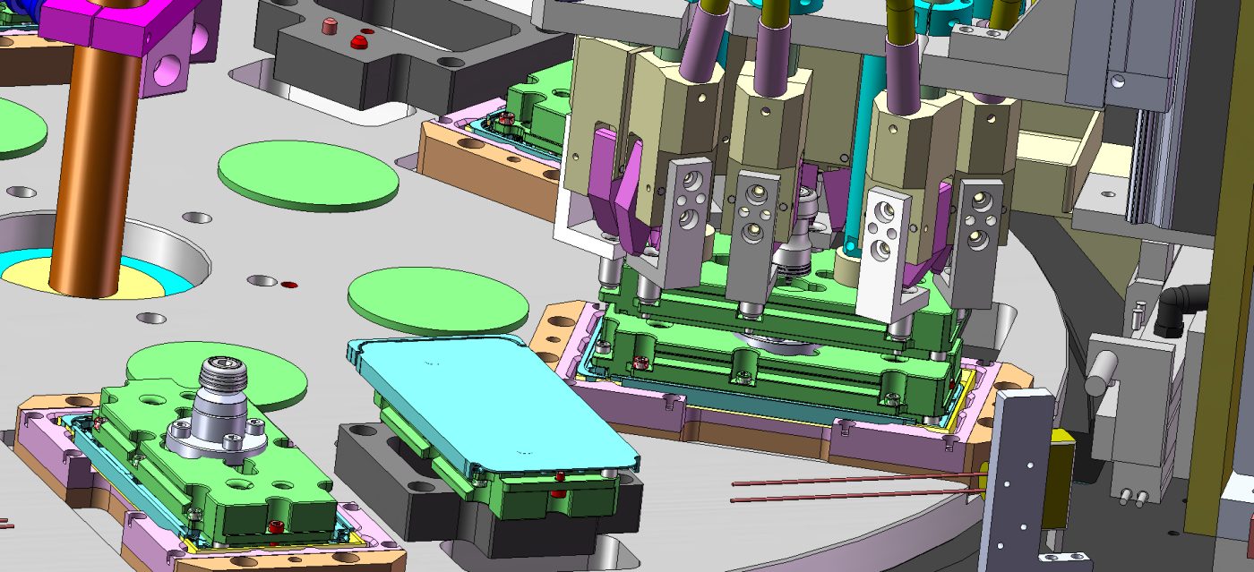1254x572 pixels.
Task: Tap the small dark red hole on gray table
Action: coord(288,285)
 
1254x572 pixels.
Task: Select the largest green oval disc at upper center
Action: coord(309,175)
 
